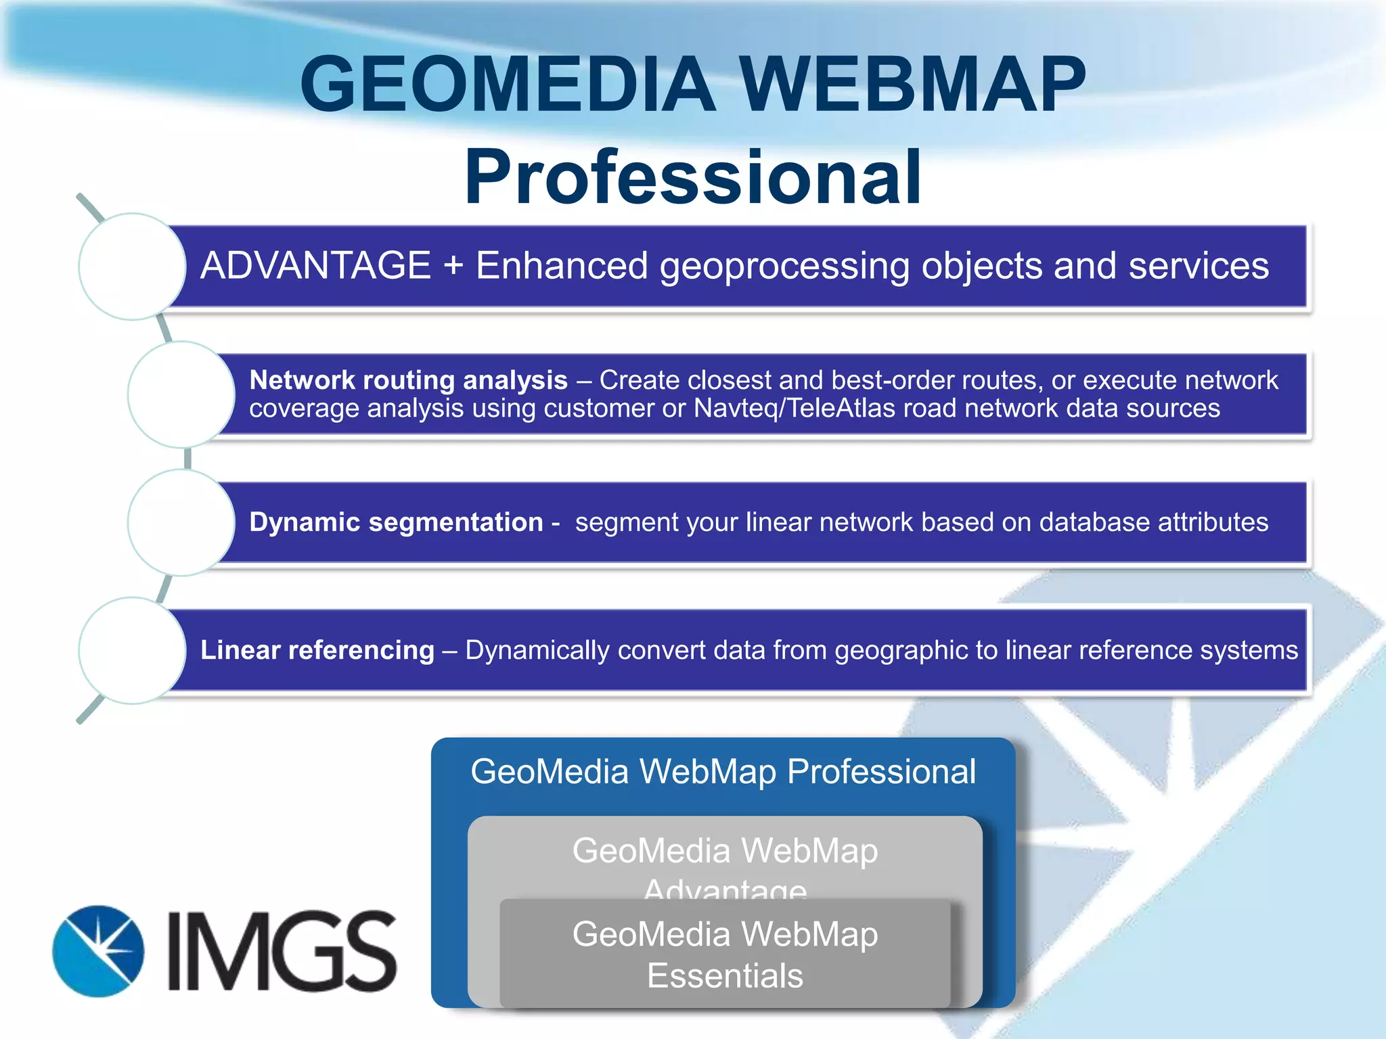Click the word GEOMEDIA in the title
tap(508, 85)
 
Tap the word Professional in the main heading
tap(692, 177)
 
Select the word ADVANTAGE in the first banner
tap(315, 265)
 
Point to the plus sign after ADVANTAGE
tap(453, 265)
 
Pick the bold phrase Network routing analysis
tap(408, 380)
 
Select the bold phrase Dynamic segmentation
tap(396, 522)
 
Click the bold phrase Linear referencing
tap(317, 650)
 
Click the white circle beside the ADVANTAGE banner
tap(133, 267)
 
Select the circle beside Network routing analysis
tap(181, 394)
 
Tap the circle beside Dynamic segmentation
tap(181, 522)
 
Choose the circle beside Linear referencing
tap(133, 650)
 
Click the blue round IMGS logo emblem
tap(99, 951)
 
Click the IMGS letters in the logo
tap(282, 951)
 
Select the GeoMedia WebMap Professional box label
tap(723, 772)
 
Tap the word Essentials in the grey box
tap(725, 975)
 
